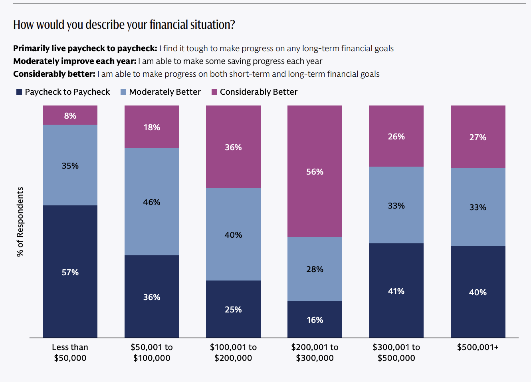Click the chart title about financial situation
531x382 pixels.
pyautogui.click(x=124, y=25)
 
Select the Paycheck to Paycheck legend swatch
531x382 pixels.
pyautogui.click(x=19, y=92)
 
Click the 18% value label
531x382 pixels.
pyautogui.click(x=152, y=127)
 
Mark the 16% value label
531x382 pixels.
pyautogui.click(x=315, y=320)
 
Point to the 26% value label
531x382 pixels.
pyautogui.click(x=396, y=137)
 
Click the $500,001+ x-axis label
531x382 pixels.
pyautogui.click(x=478, y=347)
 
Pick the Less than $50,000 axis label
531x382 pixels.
pyautogui.click(x=70, y=352)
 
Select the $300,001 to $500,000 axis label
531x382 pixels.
pyautogui.click(x=396, y=352)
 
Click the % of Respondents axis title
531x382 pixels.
pyautogui.click(x=20, y=222)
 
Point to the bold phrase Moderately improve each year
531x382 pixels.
pyautogui.click(x=75, y=61)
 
